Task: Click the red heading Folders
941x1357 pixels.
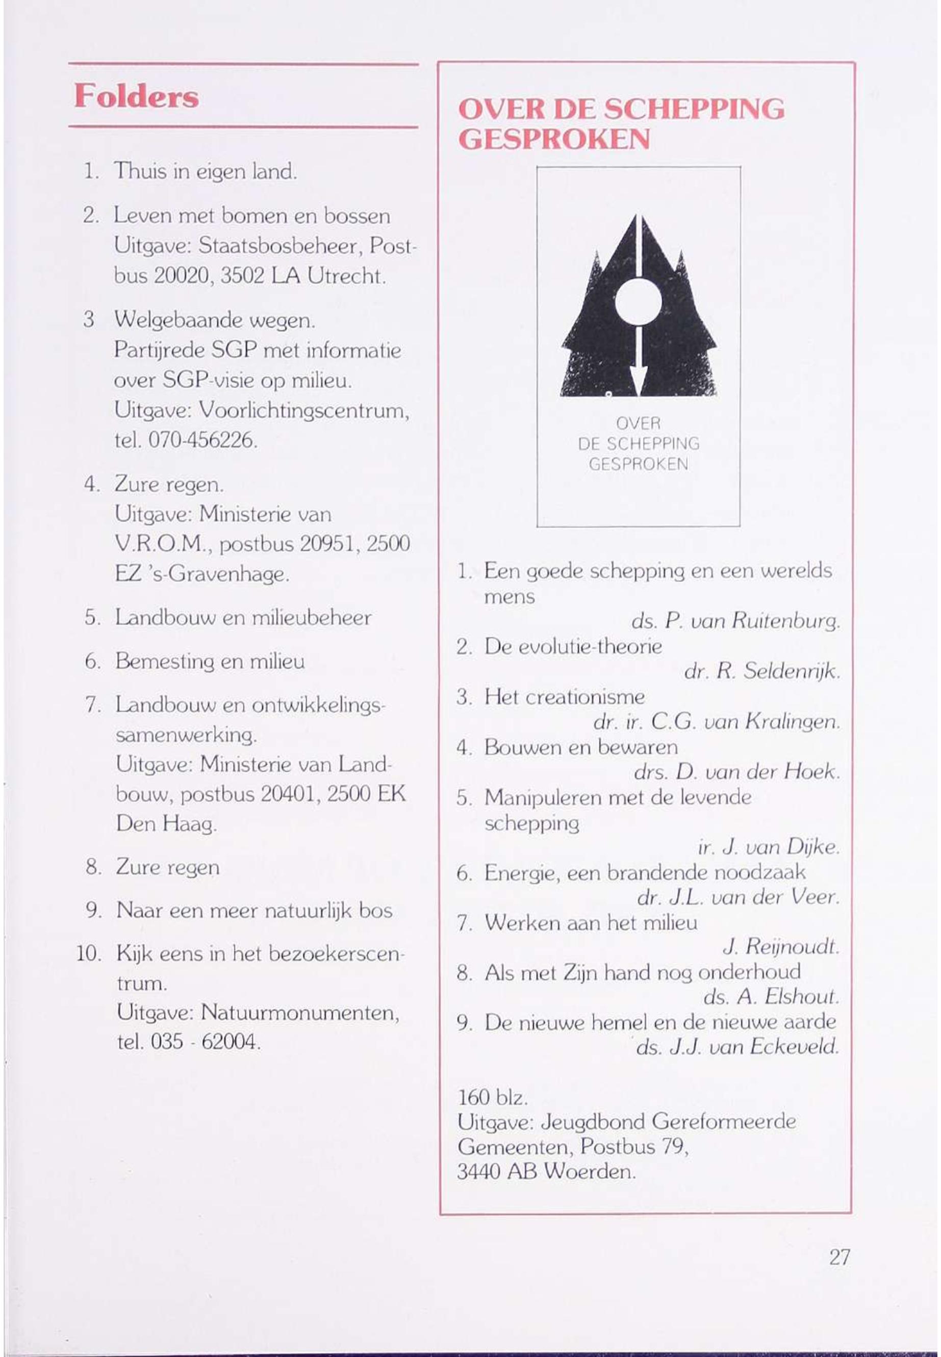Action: point(136,96)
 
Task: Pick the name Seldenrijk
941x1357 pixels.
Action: point(791,671)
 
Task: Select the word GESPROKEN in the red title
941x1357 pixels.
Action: point(554,139)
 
